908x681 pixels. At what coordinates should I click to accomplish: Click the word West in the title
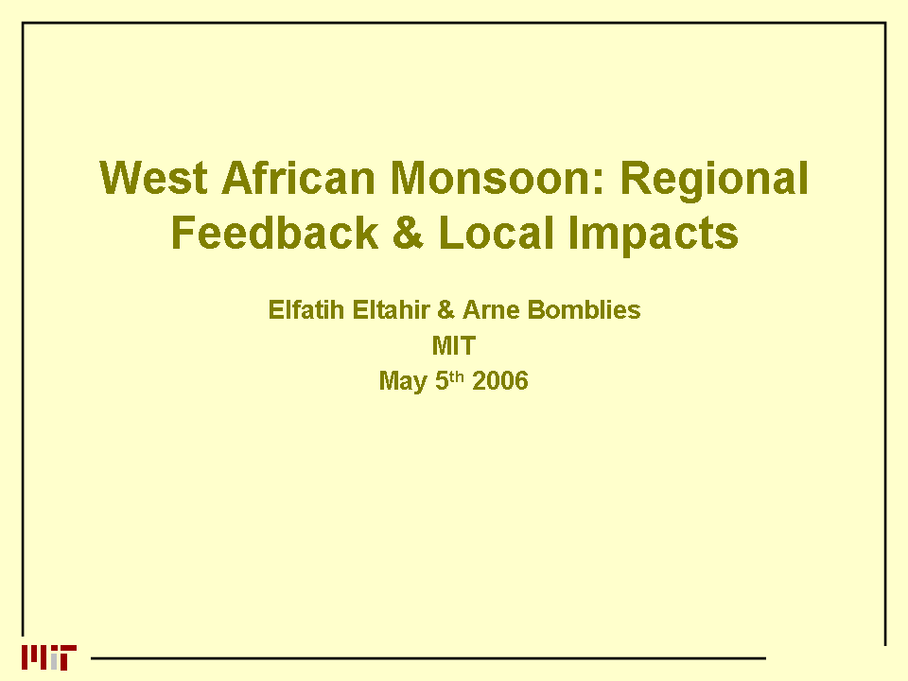point(153,178)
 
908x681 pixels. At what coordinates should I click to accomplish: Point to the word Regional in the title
point(714,181)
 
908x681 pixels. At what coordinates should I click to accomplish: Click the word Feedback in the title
point(274,233)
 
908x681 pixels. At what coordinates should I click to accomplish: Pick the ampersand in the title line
point(409,233)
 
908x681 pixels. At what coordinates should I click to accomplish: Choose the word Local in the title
point(496,233)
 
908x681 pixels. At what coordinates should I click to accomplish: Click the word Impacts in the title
point(653,236)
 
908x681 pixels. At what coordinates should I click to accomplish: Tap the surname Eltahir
point(391,310)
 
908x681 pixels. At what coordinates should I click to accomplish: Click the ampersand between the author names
point(445,310)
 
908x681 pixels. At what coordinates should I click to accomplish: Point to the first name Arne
point(491,310)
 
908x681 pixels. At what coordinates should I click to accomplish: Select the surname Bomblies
point(585,310)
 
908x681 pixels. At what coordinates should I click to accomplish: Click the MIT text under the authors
point(454,346)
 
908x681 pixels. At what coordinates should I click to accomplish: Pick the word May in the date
point(403,382)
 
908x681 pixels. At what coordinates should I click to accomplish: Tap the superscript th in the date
point(457,377)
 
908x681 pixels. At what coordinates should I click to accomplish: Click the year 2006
point(500,381)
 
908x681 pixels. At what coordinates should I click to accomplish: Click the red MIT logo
point(49,657)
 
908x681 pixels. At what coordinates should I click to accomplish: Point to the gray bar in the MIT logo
point(55,661)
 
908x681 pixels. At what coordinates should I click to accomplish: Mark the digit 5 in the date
point(442,381)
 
